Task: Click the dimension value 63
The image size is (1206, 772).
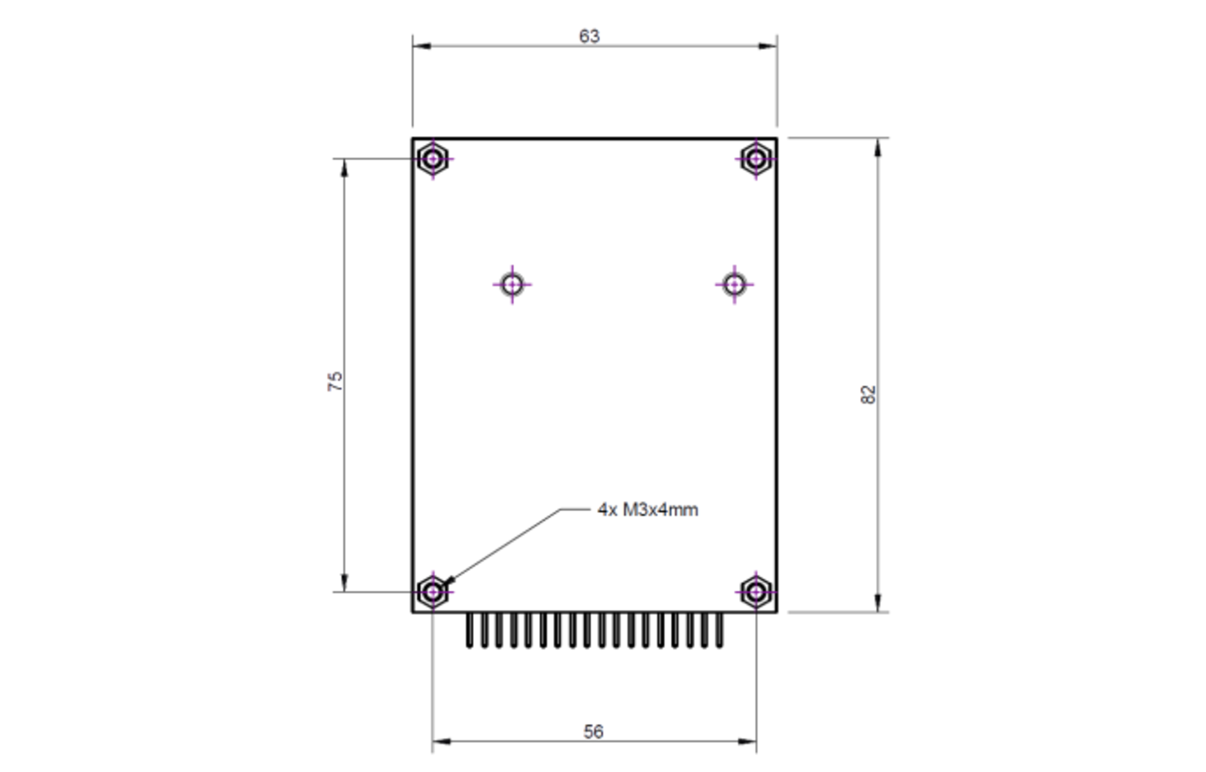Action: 590,36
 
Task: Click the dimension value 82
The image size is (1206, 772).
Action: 868,394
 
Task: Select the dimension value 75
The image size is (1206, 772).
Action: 335,382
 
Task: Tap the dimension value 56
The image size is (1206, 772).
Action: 593,732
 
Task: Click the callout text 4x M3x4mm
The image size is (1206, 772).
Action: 648,510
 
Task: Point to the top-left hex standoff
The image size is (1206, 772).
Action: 433,160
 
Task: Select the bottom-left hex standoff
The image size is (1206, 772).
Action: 433,592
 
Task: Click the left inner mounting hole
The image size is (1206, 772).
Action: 513,283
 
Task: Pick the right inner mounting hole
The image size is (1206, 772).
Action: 734,283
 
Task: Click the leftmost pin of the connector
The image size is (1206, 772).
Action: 469,630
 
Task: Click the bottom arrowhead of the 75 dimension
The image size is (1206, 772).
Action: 344,583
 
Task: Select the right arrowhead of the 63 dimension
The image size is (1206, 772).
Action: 768,46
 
